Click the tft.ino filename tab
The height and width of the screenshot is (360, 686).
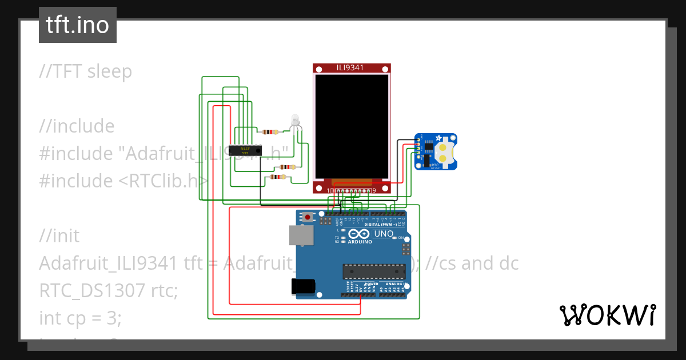[x=78, y=25]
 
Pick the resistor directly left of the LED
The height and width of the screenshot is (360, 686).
[x=269, y=131]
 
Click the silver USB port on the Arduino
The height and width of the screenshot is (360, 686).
[x=301, y=235]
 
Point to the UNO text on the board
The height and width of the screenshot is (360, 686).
[x=384, y=234]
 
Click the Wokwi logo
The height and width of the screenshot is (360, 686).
[x=607, y=315]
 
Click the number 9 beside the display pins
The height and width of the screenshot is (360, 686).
[x=374, y=190]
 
